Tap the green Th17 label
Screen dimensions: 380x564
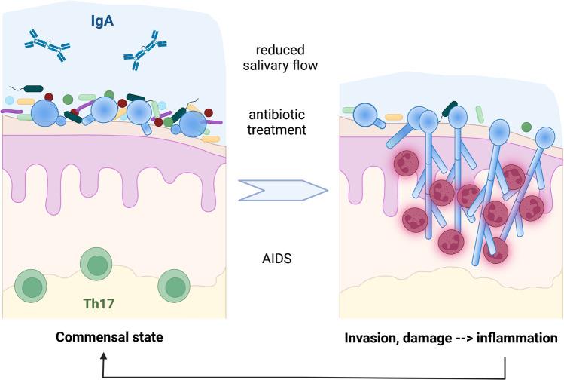click(95, 305)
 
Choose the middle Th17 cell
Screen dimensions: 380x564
click(96, 266)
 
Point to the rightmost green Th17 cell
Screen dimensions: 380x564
click(174, 287)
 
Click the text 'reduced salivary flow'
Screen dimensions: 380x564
click(282, 57)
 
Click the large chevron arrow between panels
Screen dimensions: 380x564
click(283, 193)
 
